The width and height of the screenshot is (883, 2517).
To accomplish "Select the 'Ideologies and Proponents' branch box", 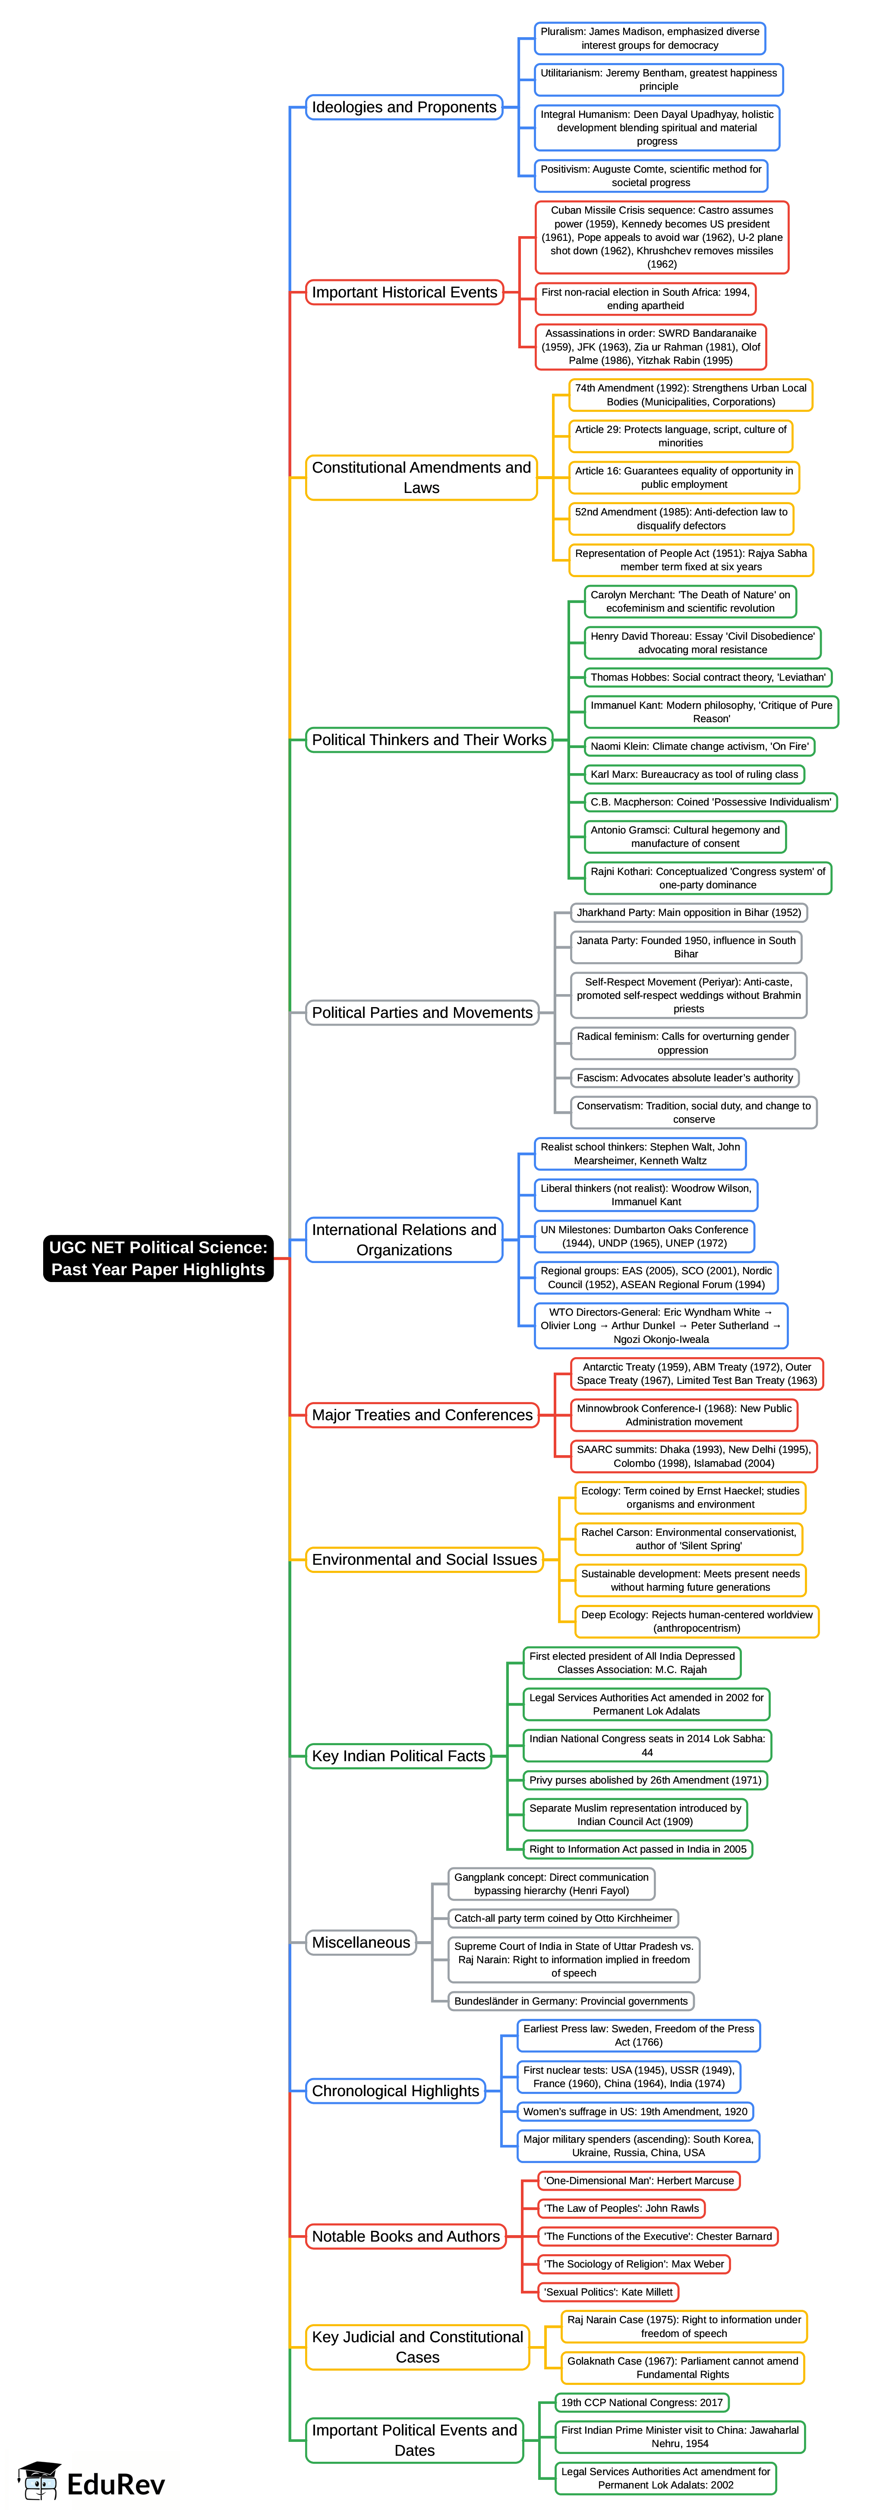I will (404, 107).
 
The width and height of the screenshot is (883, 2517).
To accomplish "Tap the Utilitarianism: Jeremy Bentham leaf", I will (658, 79).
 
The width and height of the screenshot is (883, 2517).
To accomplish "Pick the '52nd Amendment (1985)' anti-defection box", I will (681, 519).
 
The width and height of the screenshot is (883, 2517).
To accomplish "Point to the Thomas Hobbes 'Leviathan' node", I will (707, 677).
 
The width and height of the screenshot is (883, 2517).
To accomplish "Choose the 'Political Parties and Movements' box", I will (422, 1012).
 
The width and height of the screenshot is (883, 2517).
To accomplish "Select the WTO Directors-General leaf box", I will (660, 1325).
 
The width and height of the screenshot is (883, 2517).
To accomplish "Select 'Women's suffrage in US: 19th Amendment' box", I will (635, 2110).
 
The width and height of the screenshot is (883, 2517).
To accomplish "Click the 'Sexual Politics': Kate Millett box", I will (608, 2291).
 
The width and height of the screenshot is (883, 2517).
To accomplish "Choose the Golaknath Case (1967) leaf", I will (682, 2366).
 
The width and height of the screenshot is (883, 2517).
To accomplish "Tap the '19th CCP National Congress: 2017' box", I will (642, 2402).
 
